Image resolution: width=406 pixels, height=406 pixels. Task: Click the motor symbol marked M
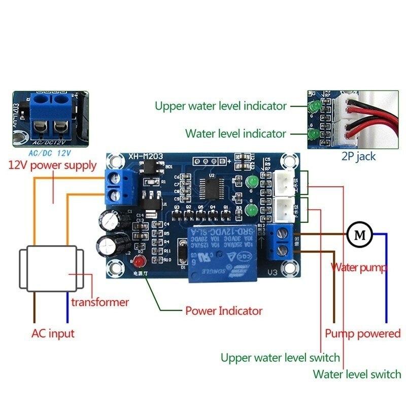point(360,234)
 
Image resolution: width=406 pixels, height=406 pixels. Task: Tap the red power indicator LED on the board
point(139,261)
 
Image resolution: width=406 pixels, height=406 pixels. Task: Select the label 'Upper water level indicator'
point(221,106)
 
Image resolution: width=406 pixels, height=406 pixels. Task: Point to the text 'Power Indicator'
point(223,311)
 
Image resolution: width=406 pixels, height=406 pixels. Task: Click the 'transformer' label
point(100,302)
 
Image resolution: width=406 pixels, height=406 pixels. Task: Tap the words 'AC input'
point(53,333)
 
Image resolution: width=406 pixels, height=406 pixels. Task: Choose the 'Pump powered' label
point(362,333)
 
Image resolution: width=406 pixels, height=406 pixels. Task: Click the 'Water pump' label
point(359,267)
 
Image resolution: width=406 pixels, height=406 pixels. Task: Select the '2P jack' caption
point(358,156)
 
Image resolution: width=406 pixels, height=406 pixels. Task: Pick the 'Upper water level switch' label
point(280,357)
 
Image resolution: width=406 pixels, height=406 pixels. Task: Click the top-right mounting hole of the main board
point(290,162)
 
